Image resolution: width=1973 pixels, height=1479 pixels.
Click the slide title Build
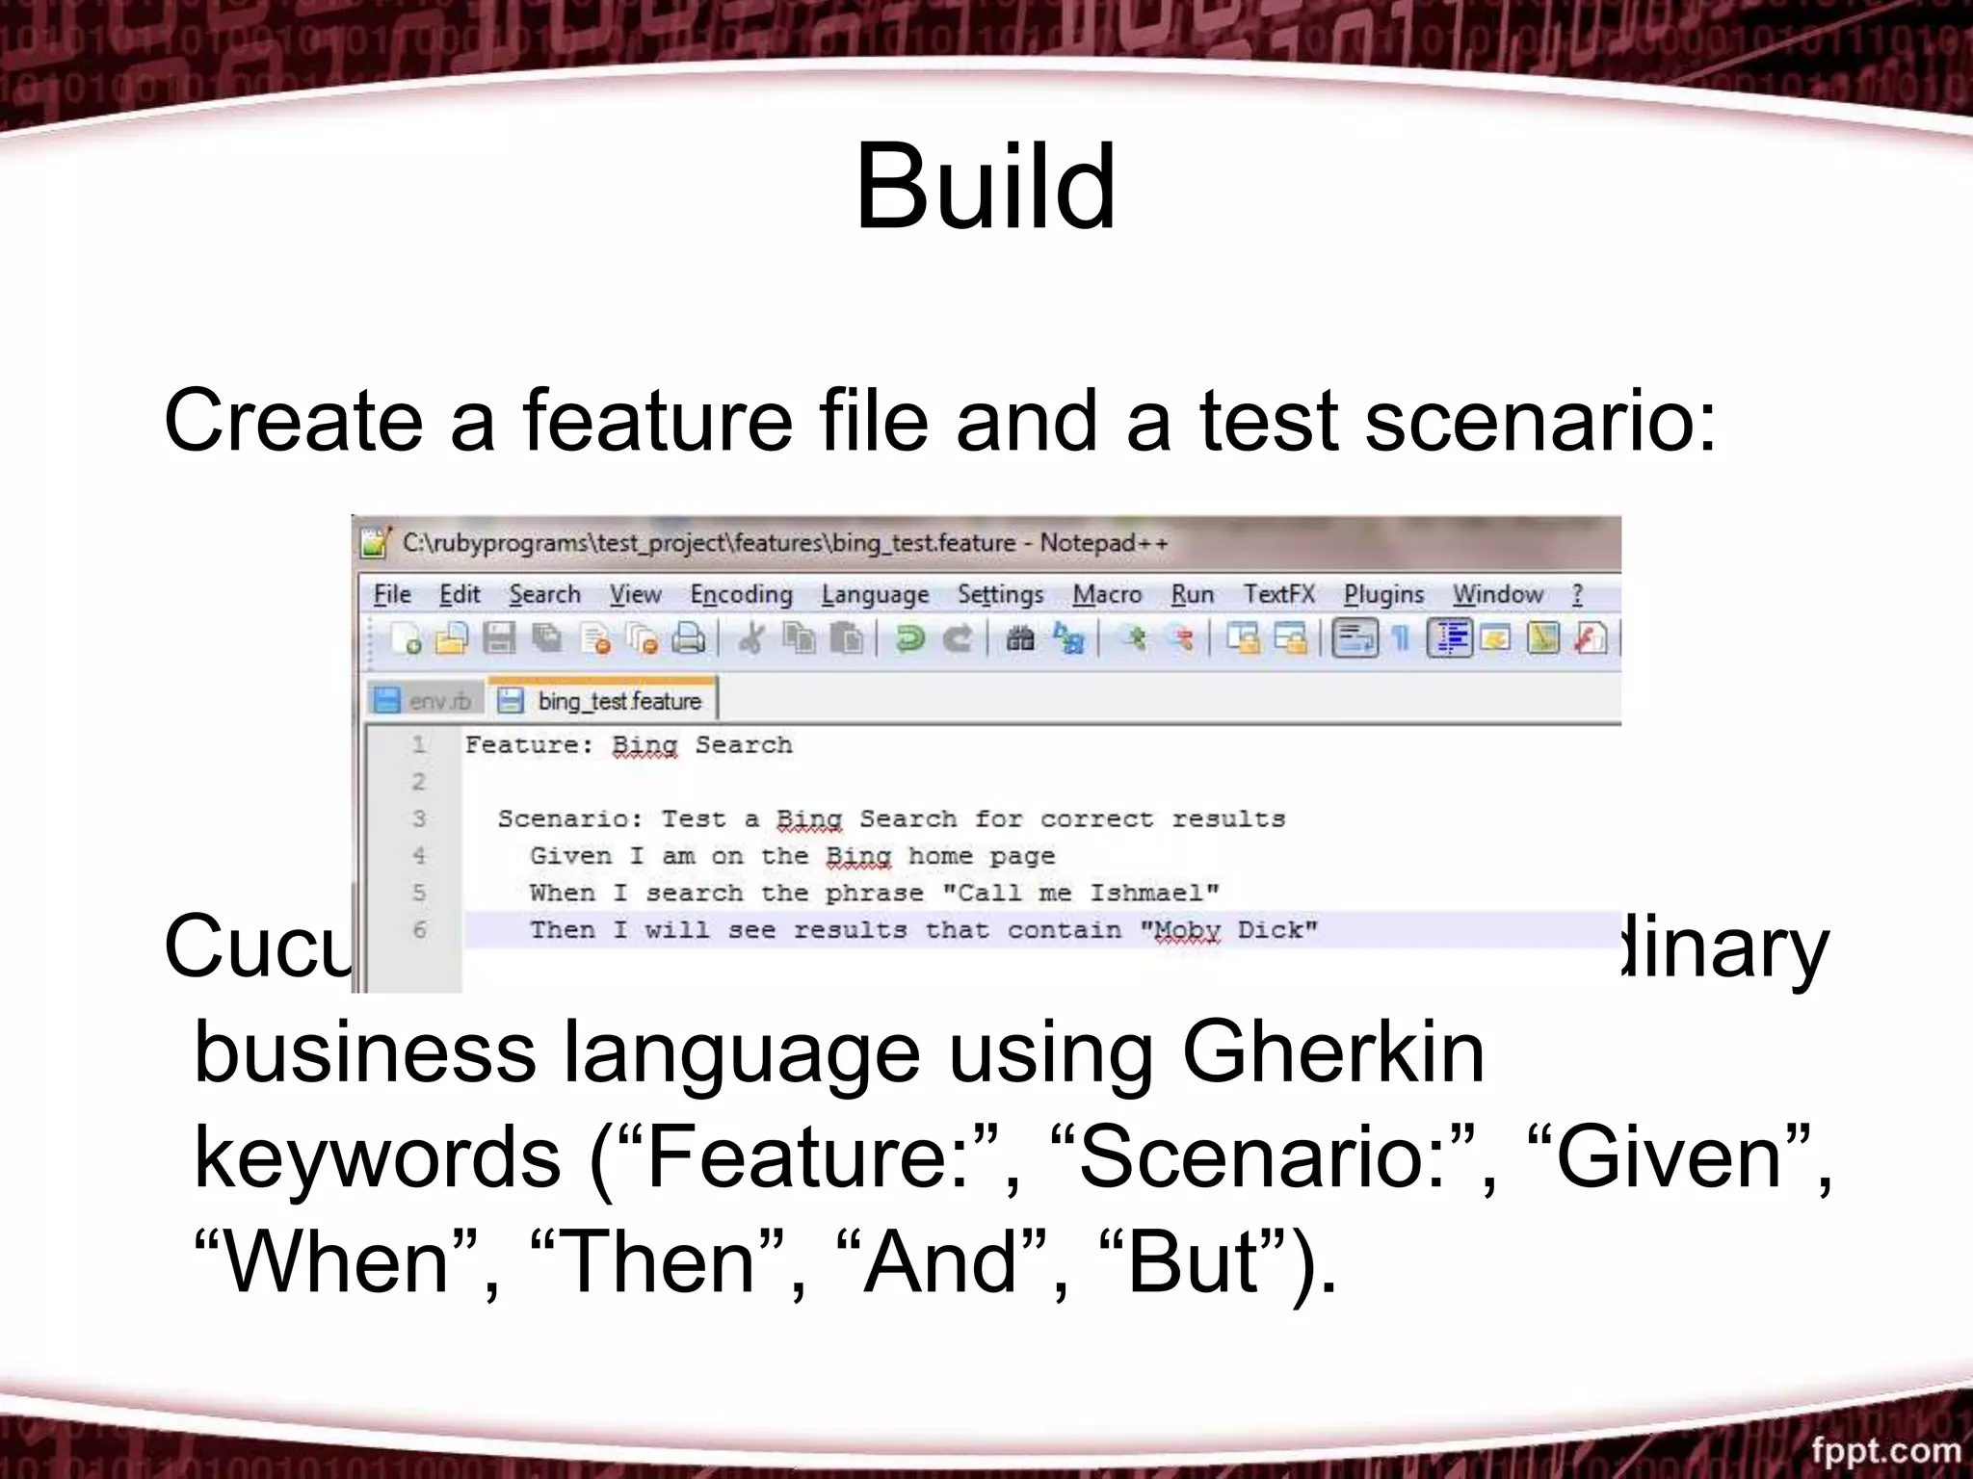click(985, 187)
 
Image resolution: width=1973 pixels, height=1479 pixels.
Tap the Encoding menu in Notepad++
click(741, 595)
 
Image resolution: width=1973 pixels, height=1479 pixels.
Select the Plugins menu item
click(1383, 595)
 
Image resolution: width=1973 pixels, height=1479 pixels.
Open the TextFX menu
click(1278, 594)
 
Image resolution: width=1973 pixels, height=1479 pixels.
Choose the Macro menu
click(1107, 595)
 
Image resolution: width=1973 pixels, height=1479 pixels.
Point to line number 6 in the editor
click(419, 930)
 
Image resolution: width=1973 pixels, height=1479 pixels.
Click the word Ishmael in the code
click(1154, 894)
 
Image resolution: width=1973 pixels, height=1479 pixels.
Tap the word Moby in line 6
click(1187, 931)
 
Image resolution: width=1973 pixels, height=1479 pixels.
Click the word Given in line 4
click(570, 856)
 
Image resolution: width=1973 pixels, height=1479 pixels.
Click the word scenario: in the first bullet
click(1540, 420)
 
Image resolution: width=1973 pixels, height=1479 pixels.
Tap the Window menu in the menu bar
click(1497, 595)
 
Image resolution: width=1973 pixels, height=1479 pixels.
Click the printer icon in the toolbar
click(688, 638)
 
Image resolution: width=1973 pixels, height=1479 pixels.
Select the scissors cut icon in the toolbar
click(751, 638)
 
